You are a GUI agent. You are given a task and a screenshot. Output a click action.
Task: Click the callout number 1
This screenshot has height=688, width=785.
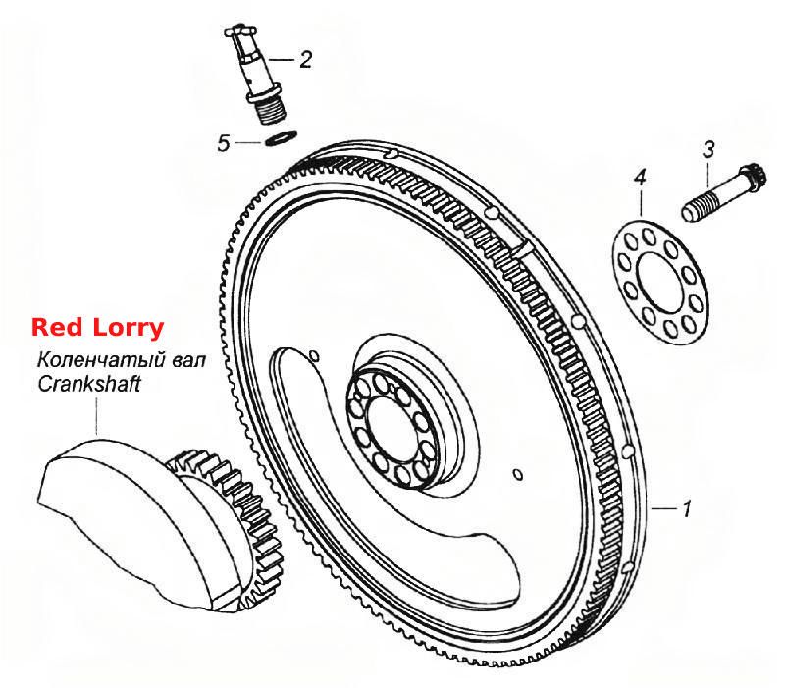point(687,508)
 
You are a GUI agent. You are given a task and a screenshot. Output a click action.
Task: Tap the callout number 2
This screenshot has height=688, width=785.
point(306,59)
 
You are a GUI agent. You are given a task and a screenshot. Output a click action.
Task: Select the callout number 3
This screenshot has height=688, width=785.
point(708,150)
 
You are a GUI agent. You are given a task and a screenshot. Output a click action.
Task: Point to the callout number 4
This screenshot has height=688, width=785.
point(640,177)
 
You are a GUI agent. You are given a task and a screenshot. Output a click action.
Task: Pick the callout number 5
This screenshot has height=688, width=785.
point(224,143)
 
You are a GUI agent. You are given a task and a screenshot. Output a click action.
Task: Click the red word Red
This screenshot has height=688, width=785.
point(57,328)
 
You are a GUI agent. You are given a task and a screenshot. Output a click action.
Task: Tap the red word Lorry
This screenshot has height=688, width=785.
point(129,329)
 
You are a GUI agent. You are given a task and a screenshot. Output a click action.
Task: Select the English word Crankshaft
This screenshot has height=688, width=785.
point(89,384)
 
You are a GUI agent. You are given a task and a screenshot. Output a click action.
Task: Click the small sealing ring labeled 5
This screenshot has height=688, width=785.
point(281,137)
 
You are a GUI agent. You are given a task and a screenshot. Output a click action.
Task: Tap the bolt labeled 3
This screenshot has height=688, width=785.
point(722,193)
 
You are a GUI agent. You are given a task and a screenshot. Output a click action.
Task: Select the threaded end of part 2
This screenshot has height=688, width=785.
point(271,110)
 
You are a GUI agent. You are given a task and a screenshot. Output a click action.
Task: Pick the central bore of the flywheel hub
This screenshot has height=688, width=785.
point(392,429)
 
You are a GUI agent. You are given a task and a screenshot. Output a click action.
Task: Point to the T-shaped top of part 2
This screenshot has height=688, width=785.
point(241,31)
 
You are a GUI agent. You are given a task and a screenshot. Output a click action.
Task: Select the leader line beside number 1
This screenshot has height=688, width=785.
point(664,509)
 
